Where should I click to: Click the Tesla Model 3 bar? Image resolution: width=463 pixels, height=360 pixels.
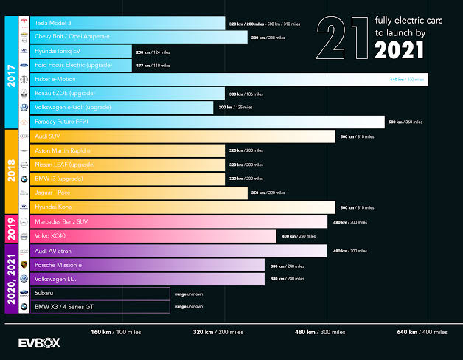pyautogui.click(x=125, y=24)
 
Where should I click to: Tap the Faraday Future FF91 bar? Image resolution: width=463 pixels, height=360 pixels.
pyautogui.click(x=206, y=122)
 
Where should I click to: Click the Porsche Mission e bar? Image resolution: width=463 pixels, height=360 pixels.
pyautogui.click(x=147, y=265)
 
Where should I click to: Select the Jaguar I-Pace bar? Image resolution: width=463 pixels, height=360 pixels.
pyautogui.click(x=140, y=193)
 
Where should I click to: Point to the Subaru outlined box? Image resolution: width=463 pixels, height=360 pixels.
pyautogui.click(x=100, y=293)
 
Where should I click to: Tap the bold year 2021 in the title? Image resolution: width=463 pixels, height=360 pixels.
pyautogui.click(x=399, y=50)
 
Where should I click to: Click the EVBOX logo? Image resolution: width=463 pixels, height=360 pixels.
pyautogui.click(x=39, y=342)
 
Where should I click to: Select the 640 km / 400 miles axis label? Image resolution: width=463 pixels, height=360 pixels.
pyautogui.click(x=422, y=332)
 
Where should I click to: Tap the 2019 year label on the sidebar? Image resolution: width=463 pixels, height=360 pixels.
pyautogui.click(x=11, y=229)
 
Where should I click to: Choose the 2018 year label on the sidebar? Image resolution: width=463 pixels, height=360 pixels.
pyautogui.click(x=11, y=171)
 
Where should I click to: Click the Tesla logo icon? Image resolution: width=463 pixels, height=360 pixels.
pyautogui.click(x=24, y=24)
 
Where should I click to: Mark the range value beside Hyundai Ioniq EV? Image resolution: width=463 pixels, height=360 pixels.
pyautogui.click(x=153, y=52)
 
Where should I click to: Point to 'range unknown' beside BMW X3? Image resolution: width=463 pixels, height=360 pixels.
pyautogui.click(x=189, y=306)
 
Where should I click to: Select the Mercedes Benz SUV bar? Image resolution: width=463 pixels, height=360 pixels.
pyautogui.click(x=177, y=222)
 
